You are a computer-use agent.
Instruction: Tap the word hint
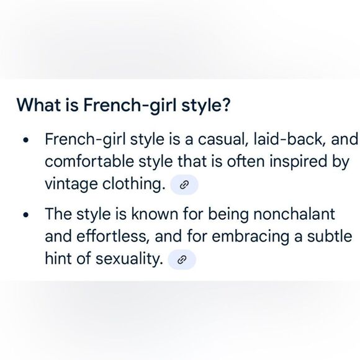[58, 259]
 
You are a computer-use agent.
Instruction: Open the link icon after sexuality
[182, 260]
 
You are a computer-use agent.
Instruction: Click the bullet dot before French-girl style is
[25, 140]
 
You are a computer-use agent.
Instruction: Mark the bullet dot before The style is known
[25, 216]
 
